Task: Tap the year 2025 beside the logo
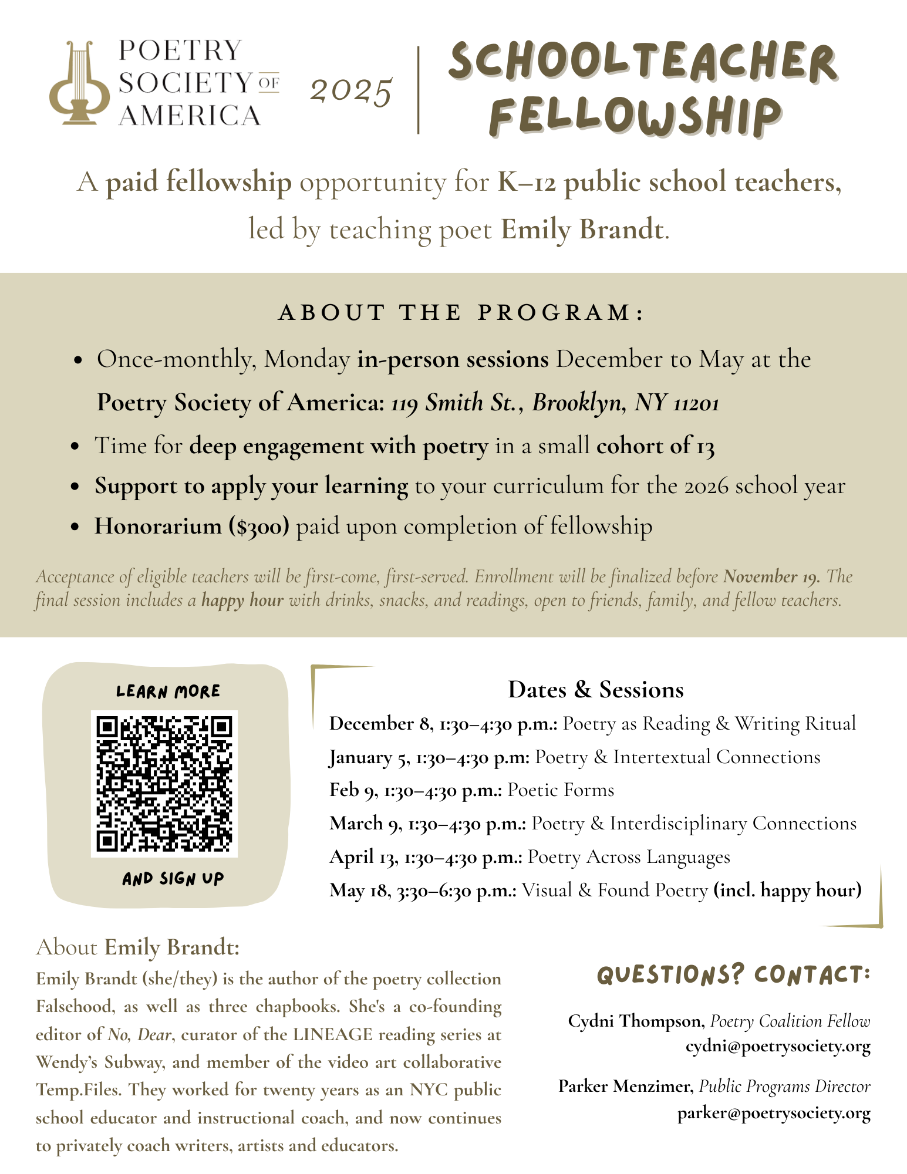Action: pyautogui.click(x=350, y=92)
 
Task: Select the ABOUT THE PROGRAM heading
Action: pyautogui.click(x=461, y=312)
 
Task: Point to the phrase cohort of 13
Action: pyautogui.click(x=655, y=446)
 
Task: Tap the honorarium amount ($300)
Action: pyautogui.click(x=259, y=527)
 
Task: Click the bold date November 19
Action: pyautogui.click(x=771, y=576)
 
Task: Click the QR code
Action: pyautogui.click(x=164, y=783)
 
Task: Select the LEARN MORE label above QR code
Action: pyautogui.click(x=168, y=691)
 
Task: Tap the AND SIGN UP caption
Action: pyautogui.click(x=173, y=879)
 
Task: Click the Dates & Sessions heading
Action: pyautogui.click(x=595, y=689)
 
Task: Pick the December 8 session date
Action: pyautogui.click(x=380, y=724)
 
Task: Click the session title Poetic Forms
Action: pyautogui.click(x=561, y=790)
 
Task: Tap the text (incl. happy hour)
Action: pyautogui.click(x=787, y=890)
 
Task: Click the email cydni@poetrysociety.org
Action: pyautogui.click(x=778, y=1047)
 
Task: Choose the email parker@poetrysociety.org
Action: pyautogui.click(x=774, y=1114)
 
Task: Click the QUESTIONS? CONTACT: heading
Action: pyautogui.click(x=733, y=975)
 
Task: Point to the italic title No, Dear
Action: pyautogui.click(x=140, y=1034)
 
